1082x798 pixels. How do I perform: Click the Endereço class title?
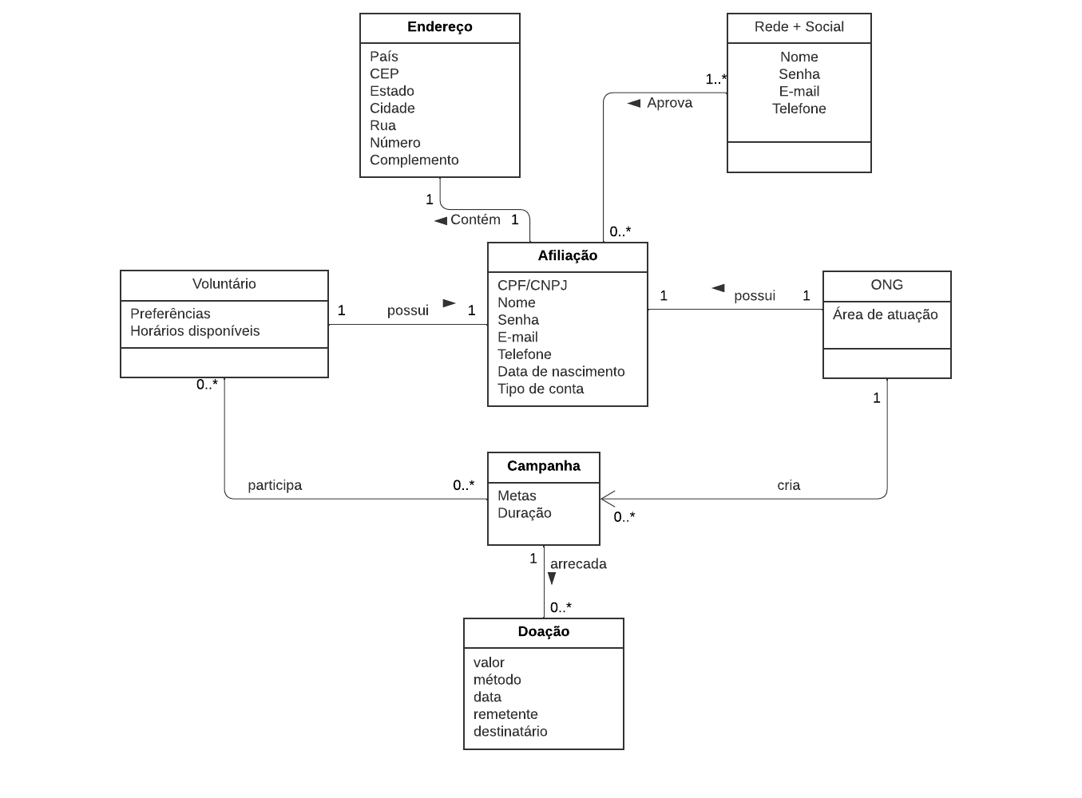tap(439, 27)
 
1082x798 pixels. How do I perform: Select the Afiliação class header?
tap(567, 256)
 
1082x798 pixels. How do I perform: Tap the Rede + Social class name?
tap(799, 27)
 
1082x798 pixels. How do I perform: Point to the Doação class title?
tap(543, 632)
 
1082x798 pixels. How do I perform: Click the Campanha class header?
tap(543, 467)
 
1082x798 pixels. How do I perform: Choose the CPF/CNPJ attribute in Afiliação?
tap(532, 286)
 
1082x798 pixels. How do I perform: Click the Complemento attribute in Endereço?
tap(414, 160)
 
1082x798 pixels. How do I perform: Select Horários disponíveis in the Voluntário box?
tap(195, 331)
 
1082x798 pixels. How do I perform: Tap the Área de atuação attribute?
tap(885, 315)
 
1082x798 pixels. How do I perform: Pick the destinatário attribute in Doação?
tap(510, 732)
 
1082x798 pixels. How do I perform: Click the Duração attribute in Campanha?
tap(524, 513)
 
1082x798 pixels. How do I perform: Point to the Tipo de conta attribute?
tap(540, 389)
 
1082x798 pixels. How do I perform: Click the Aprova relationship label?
tap(669, 103)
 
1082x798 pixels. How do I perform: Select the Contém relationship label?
tap(475, 219)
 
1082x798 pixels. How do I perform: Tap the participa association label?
tap(275, 485)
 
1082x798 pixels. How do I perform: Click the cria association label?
tap(788, 485)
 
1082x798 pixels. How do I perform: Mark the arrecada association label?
tap(578, 564)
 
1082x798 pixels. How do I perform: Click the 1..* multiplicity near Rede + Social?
tap(715, 79)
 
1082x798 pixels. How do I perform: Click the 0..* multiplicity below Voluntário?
tap(207, 385)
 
